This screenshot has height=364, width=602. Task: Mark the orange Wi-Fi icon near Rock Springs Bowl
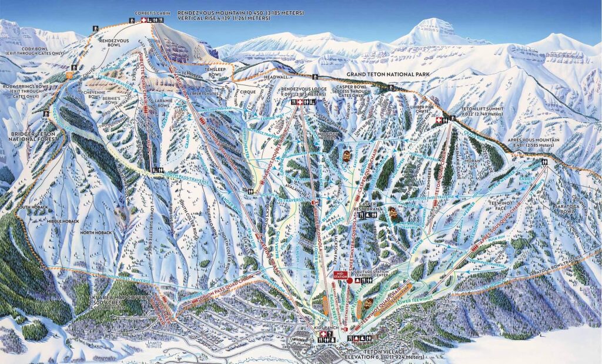[x=69, y=75]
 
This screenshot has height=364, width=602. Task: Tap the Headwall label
[x=276, y=76]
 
